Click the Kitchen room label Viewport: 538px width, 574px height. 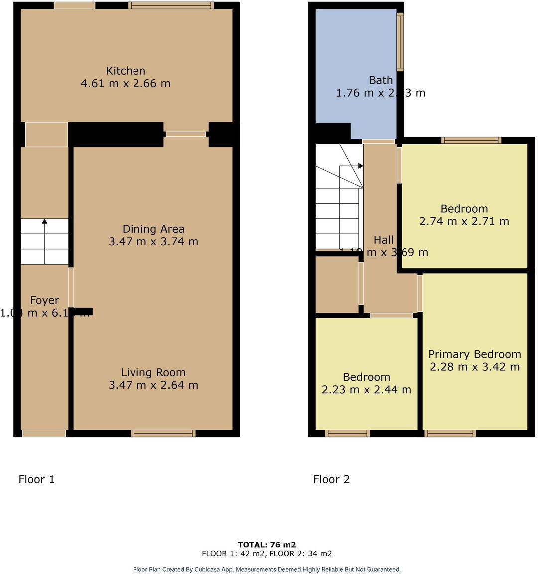126,71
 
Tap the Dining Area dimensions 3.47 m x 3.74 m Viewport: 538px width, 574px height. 153,242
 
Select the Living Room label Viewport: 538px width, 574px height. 153,372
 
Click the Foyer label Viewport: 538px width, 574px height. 44,300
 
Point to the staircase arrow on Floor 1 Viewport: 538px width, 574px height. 45,222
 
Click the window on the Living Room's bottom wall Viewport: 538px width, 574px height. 163,433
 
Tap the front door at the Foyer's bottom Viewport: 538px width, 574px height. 44,433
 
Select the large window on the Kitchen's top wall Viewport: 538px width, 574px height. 171,5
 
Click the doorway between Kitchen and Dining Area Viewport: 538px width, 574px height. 186,134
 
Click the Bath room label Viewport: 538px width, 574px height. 381,80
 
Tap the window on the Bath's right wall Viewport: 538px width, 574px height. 400,42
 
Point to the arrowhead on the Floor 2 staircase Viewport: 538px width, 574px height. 360,166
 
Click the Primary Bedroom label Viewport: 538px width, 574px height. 475,354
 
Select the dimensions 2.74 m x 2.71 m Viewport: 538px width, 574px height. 464,221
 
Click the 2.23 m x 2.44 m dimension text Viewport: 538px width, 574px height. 367,390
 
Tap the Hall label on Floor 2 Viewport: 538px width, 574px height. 384,240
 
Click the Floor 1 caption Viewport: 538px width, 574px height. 36,479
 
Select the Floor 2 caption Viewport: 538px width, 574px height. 331,479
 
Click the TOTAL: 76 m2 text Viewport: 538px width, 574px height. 267,545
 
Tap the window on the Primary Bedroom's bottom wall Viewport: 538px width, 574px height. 450,433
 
